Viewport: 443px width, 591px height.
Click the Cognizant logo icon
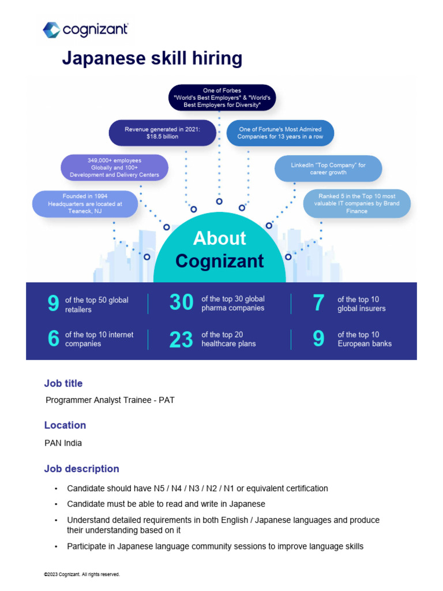coord(51,30)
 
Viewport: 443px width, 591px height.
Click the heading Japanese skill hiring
coord(152,59)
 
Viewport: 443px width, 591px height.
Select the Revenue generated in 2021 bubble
coord(162,133)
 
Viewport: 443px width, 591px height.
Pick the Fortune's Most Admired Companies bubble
coord(280,133)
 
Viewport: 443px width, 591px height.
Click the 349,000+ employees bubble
coord(114,167)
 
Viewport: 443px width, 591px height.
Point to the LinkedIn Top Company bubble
coord(328,168)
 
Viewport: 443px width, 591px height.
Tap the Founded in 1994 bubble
coord(85,204)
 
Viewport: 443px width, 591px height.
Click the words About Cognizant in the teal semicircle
coord(220,249)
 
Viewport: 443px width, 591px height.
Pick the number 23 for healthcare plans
coord(181,340)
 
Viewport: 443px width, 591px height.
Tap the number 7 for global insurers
coord(318,304)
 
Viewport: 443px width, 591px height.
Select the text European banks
coord(365,343)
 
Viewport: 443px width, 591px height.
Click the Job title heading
coord(63,383)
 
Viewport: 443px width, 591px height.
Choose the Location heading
coord(65,425)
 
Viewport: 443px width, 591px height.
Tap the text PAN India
coord(63,443)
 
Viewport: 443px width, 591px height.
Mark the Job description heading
coord(82,469)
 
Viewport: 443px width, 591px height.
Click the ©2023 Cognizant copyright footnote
coord(82,574)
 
